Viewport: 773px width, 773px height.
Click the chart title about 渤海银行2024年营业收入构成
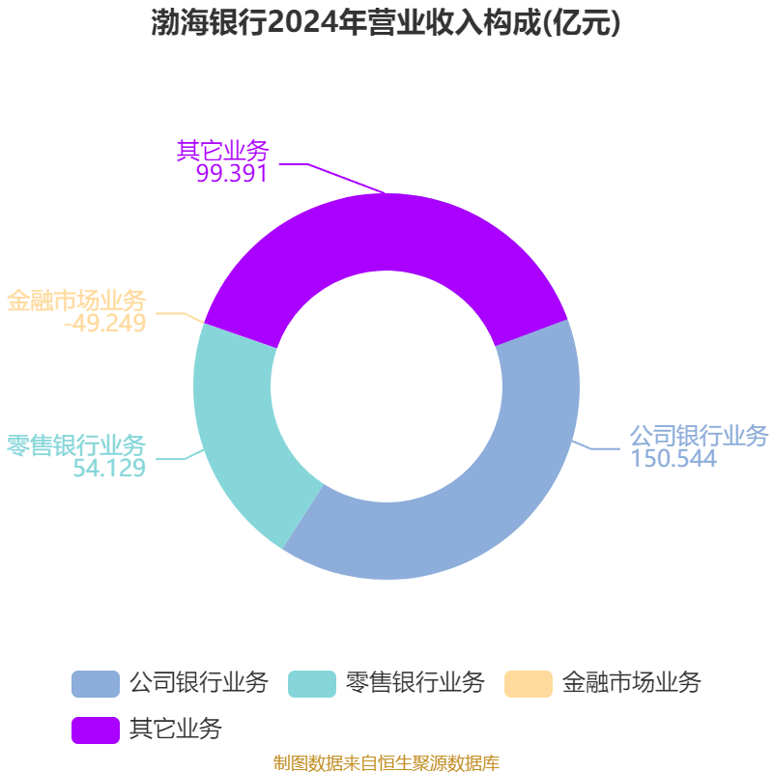(386, 22)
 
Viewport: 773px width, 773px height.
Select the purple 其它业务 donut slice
(386, 232)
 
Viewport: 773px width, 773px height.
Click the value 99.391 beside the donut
(232, 173)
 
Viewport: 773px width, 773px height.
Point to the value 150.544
(673, 458)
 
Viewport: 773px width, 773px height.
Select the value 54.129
(109, 468)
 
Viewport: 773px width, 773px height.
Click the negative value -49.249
(105, 323)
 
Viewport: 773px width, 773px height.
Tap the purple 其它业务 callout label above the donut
(223, 151)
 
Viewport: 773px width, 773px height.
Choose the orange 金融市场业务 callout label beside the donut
(76, 301)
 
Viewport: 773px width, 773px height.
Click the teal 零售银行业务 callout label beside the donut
(76, 445)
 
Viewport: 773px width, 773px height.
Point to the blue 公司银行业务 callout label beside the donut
(699, 436)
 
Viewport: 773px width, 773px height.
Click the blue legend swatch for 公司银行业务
(96, 684)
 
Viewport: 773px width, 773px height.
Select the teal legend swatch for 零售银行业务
(312, 684)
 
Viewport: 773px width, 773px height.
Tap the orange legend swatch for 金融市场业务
(529, 684)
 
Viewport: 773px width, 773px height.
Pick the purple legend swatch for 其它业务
(96, 730)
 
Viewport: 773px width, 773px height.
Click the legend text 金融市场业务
(632, 683)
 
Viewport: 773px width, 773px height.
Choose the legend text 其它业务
(176, 730)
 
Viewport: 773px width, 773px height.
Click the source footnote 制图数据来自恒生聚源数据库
(386, 762)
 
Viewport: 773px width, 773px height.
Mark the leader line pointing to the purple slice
(331, 174)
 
